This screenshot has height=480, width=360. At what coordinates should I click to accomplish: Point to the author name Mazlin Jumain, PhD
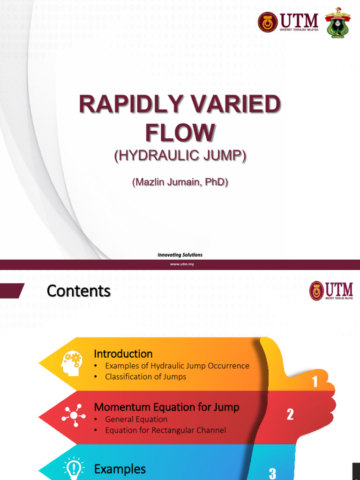[x=180, y=182]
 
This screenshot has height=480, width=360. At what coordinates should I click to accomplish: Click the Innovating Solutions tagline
[x=180, y=255]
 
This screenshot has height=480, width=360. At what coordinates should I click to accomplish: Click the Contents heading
[x=79, y=291]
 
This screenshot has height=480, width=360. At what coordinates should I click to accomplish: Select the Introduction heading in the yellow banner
[x=123, y=353]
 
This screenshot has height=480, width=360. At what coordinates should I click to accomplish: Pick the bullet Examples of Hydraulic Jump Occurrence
[x=177, y=366]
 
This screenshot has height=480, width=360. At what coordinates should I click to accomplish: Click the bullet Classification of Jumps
[x=145, y=376]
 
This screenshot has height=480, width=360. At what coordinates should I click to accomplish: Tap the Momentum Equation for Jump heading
[x=166, y=407]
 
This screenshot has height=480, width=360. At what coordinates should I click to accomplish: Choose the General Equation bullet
[x=136, y=419]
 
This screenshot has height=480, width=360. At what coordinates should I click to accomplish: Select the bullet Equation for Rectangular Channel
[x=165, y=430]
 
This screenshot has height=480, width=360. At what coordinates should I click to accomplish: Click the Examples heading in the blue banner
[x=120, y=469]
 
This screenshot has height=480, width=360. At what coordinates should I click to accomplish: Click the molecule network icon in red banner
[x=74, y=415]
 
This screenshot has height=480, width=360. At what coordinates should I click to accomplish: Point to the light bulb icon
[x=74, y=469]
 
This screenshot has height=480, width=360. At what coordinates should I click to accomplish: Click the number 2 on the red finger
[x=290, y=414]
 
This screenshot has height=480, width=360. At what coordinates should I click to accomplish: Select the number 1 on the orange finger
[x=315, y=382]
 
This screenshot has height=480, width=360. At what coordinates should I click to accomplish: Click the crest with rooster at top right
[x=337, y=22]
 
